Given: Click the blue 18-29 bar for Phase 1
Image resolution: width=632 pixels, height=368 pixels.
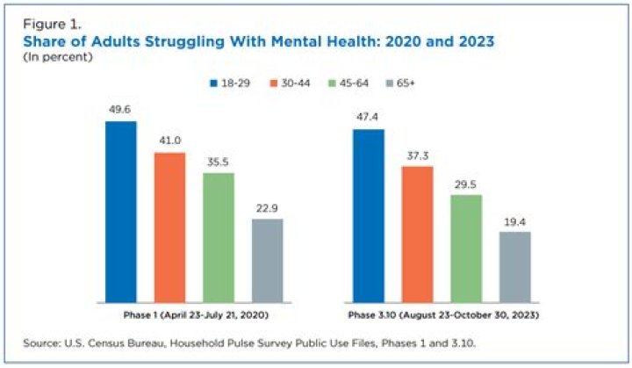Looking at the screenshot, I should coord(120,213).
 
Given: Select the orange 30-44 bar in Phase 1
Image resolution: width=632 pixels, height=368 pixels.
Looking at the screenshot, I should coord(169,229).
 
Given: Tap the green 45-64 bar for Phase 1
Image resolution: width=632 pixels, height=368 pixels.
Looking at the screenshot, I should coord(219,239).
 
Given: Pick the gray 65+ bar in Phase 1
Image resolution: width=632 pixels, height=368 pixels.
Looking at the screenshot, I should coord(267,262).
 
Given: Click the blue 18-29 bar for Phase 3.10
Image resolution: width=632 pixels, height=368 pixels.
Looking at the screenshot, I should coord(368,217).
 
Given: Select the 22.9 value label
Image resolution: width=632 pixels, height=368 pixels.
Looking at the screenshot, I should coord(267,209).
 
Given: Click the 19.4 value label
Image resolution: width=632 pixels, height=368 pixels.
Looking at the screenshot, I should coord(514,222).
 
